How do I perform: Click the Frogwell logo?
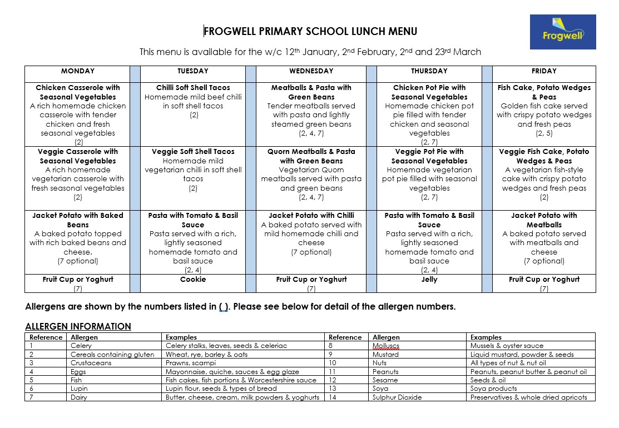click(x=563, y=32)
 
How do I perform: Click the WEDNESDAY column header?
click(x=311, y=71)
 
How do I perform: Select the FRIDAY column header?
click(x=544, y=71)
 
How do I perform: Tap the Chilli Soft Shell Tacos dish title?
click(x=193, y=88)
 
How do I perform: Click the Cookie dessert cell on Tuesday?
click(x=193, y=280)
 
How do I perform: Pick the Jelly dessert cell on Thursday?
click(x=429, y=280)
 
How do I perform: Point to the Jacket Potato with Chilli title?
click(x=311, y=216)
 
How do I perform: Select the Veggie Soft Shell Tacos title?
click(x=193, y=152)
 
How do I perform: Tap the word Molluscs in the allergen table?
click(x=386, y=346)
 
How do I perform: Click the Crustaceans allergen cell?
click(x=91, y=363)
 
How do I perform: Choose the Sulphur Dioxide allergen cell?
click(x=397, y=397)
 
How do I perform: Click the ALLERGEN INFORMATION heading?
click(x=78, y=326)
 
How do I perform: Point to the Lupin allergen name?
click(x=79, y=389)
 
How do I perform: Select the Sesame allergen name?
click(x=385, y=380)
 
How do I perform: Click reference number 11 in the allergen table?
click(x=332, y=371)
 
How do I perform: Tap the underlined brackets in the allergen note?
click(x=224, y=307)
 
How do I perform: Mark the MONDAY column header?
click(x=77, y=71)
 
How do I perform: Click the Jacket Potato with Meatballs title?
click(x=544, y=220)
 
